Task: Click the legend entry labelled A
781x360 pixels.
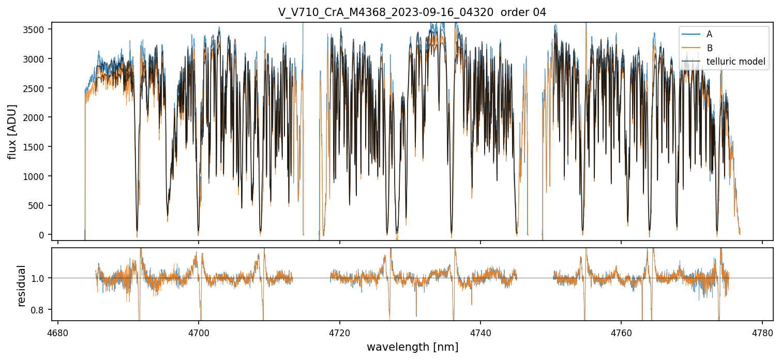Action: pos(709,34)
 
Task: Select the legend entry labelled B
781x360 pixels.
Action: pos(709,48)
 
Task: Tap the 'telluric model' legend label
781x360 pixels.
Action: pos(735,62)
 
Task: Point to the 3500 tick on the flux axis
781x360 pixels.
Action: pos(36,29)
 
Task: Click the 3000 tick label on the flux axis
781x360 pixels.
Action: pos(36,59)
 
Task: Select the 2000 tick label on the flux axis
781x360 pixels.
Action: pos(36,117)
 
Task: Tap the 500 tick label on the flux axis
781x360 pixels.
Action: pos(38,206)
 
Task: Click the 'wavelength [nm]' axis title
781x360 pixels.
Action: pos(412,347)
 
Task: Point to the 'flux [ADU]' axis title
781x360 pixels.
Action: pos(12,131)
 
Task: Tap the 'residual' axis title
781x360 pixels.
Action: pos(22,286)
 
